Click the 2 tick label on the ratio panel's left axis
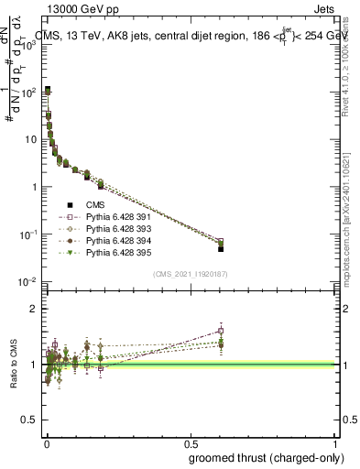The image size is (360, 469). pyautogui.click(x=33, y=309)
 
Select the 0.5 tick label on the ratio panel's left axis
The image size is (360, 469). pyautogui.click(x=29, y=420)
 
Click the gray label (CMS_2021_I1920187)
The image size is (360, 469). pyautogui.click(x=191, y=274)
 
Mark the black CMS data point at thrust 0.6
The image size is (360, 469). pyautogui.click(x=221, y=248)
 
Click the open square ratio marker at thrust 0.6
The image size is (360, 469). pyautogui.click(x=221, y=331)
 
